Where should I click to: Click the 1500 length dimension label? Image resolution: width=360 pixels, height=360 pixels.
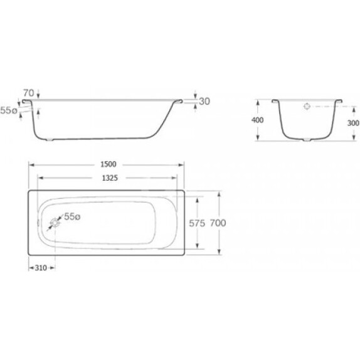[109, 164]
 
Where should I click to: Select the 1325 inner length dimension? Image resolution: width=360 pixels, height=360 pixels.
[110, 178]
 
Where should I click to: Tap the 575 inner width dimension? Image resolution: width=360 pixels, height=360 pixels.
[197, 223]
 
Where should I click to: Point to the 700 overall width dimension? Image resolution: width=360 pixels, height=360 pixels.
[218, 223]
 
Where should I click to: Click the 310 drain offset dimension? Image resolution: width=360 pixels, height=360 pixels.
[41, 268]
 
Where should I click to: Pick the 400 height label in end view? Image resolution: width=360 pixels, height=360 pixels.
[257, 120]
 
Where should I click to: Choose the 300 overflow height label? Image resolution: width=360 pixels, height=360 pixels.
[353, 124]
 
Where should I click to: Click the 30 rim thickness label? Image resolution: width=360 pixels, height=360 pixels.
[204, 101]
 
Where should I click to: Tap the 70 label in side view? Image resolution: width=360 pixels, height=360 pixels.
[29, 93]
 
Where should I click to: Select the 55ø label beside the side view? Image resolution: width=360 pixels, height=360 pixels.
[9, 110]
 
